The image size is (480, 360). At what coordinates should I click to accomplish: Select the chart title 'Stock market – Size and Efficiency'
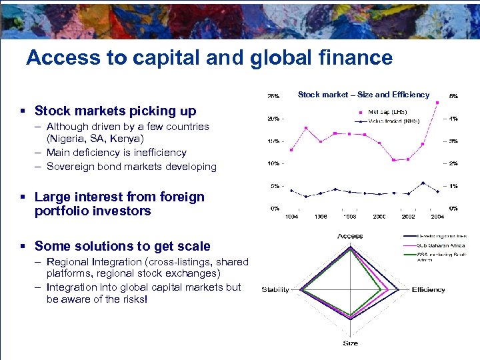[x=363, y=95]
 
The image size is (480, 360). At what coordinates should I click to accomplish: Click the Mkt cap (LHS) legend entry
[x=387, y=112]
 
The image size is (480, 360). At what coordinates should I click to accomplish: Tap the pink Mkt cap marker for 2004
[x=437, y=103]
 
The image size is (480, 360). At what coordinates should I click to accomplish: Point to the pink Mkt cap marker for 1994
[x=291, y=150]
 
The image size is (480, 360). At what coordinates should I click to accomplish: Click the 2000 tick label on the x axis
[x=379, y=217]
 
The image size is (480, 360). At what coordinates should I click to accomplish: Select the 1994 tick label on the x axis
[x=291, y=217]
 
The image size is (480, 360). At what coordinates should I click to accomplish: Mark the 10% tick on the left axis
[x=273, y=164]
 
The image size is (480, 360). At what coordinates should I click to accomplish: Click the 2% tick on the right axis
[x=453, y=164]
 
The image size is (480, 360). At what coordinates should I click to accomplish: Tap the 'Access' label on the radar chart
[x=350, y=236]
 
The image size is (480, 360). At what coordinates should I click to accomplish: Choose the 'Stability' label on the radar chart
[x=275, y=290]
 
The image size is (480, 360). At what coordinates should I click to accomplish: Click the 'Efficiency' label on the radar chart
[x=428, y=290]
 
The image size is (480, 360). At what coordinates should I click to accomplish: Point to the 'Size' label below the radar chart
[x=350, y=343]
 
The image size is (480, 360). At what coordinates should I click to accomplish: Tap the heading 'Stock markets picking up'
[x=115, y=111]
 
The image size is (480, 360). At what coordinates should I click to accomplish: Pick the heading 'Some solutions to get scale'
[x=122, y=246]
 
